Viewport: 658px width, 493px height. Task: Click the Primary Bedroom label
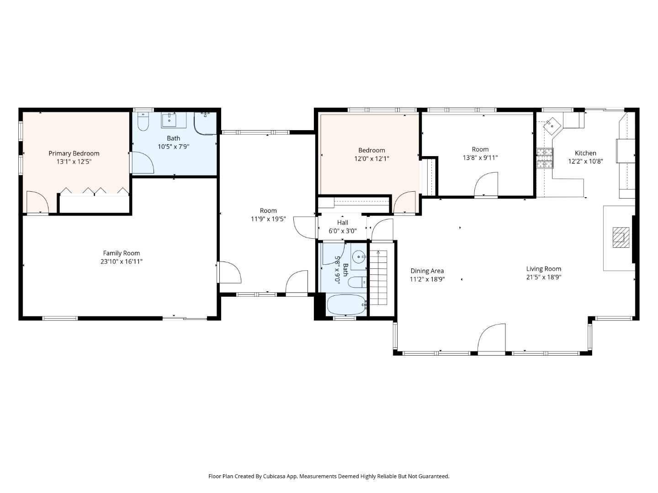pyautogui.click(x=74, y=153)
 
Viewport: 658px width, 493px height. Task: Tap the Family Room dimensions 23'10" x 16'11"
pyautogui.click(x=122, y=262)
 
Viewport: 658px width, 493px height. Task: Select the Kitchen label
pyautogui.click(x=585, y=153)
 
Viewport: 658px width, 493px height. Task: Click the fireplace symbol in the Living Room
pyautogui.click(x=619, y=237)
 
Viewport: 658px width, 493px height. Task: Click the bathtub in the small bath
pyautogui.click(x=346, y=304)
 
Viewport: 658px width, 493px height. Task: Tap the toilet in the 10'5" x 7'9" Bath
pyautogui.click(x=143, y=122)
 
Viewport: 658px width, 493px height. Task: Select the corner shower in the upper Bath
pyautogui.click(x=205, y=122)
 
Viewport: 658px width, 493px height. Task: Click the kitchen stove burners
pyautogui.click(x=544, y=158)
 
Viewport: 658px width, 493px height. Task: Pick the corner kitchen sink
pyautogui.click(x=552, y=124)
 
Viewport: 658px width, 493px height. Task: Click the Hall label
pyautogui.click(x=342, y=223)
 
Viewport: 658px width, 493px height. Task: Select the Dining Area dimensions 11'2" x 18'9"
pyautogui.click(x=427, y=279)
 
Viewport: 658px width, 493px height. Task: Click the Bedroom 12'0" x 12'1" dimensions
pyautogui.click(x=371, y=159)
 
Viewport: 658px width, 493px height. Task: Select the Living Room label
pyautogui.click(x=543, y=269)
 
